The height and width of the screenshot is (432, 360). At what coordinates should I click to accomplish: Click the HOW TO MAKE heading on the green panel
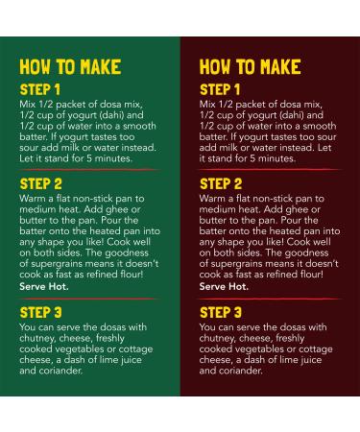70,67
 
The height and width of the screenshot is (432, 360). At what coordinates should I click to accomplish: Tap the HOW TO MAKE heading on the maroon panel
250,67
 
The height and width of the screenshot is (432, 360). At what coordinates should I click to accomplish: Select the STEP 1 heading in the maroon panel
220,89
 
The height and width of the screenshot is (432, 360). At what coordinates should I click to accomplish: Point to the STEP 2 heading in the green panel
40,184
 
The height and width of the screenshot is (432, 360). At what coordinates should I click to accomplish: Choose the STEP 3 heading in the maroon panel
221,313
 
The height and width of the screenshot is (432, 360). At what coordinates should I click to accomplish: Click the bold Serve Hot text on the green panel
44,286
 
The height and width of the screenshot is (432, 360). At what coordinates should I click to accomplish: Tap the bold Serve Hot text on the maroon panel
224,286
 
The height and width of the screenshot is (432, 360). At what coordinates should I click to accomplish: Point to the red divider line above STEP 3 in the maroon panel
269,299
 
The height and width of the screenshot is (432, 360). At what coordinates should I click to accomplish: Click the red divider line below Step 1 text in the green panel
89,170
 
